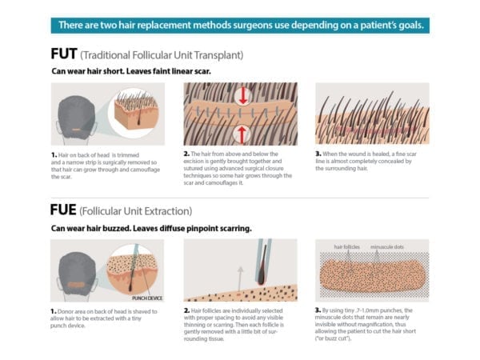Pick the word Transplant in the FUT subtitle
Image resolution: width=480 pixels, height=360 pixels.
click(216, 57)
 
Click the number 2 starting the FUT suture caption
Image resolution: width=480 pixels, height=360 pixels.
click(186, 153)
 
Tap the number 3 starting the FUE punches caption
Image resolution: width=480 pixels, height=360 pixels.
click(318, 308)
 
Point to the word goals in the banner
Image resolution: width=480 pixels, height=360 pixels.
click(408, 25)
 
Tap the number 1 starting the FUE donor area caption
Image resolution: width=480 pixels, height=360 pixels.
click(53, 308)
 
